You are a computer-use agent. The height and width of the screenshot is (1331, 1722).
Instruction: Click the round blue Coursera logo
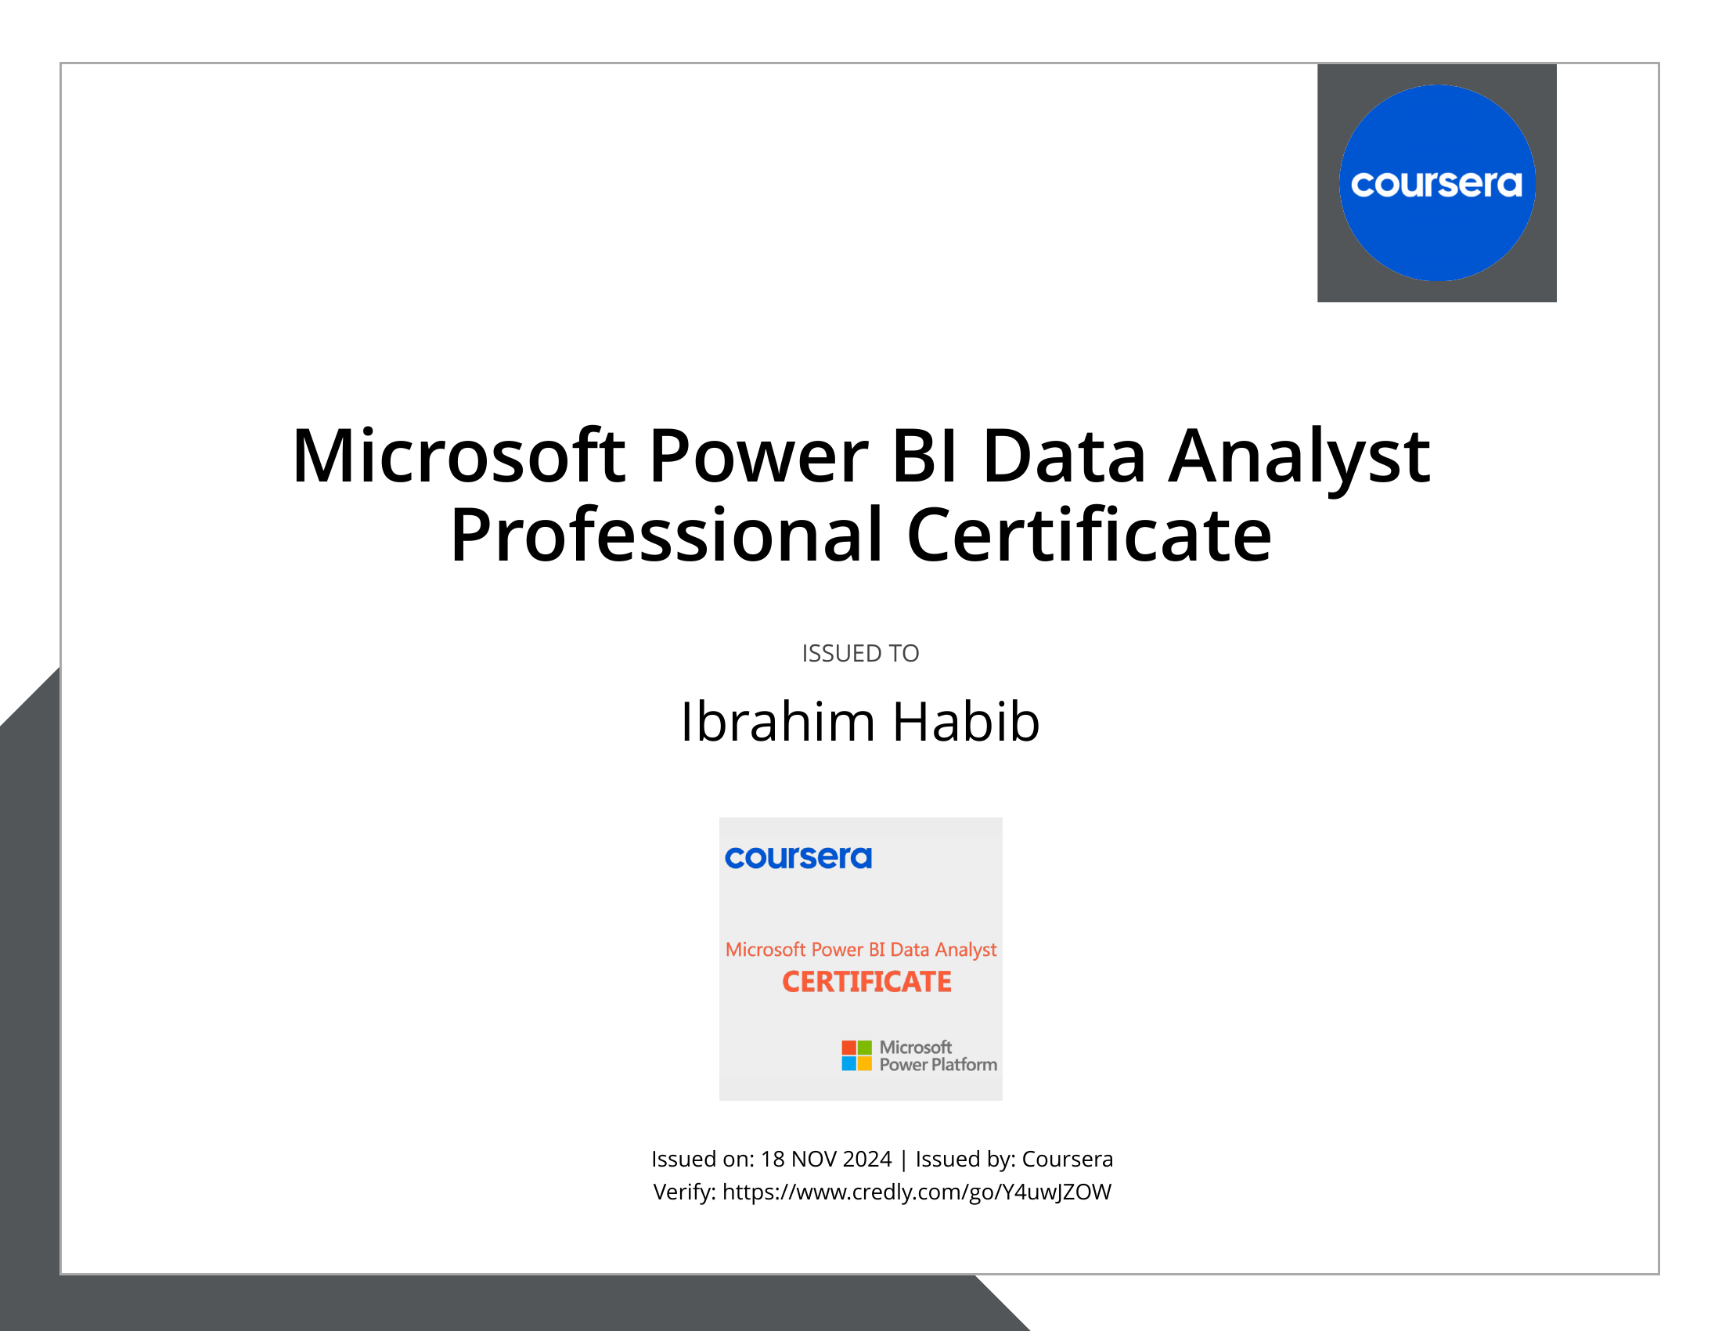1436,183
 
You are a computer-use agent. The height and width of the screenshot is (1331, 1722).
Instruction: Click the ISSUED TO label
860,654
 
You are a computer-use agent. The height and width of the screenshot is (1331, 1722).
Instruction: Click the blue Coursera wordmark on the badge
798,857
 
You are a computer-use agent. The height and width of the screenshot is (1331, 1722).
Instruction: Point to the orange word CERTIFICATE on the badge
866,982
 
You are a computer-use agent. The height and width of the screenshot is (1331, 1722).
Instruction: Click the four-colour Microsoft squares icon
856,1055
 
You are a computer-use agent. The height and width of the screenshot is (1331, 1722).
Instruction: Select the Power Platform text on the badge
938,1065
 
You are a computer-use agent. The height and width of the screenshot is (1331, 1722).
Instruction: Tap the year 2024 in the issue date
867,1159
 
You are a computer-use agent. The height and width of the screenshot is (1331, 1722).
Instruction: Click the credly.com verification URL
917,1192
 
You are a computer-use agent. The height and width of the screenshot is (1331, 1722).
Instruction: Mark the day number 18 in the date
772,1159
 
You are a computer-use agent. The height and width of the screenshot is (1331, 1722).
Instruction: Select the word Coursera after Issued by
1068,1159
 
